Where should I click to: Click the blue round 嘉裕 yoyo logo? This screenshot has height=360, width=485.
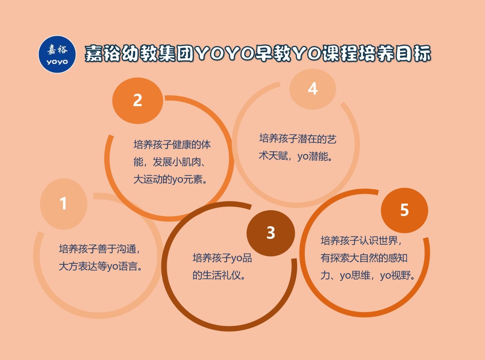click(x=57, y=54)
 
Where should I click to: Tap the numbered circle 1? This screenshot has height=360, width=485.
click(x=64, y=204)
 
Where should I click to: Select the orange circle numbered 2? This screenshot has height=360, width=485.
click(x=138, y=101)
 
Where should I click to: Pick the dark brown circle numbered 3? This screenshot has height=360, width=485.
click(x=271, y=233)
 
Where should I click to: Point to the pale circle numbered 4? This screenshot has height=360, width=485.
click(x=313, y=89)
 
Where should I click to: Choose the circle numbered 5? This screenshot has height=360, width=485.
click(x=404, y=210)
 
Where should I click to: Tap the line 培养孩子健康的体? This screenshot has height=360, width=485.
click(x=172, y=145)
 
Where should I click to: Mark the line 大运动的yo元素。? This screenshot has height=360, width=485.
click(x=170, y=179)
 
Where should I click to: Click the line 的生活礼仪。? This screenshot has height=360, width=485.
click(x=219, y=275)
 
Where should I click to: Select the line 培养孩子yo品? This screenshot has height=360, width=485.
click(x=222, y=258)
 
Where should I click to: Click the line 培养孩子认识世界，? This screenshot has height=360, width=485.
click(x=361, y=241)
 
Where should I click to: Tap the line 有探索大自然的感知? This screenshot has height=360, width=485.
click(x=364, y=258)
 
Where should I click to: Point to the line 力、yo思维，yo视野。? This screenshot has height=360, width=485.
click(x=368, y=275)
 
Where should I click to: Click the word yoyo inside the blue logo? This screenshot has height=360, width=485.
click(x=57, y=62)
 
